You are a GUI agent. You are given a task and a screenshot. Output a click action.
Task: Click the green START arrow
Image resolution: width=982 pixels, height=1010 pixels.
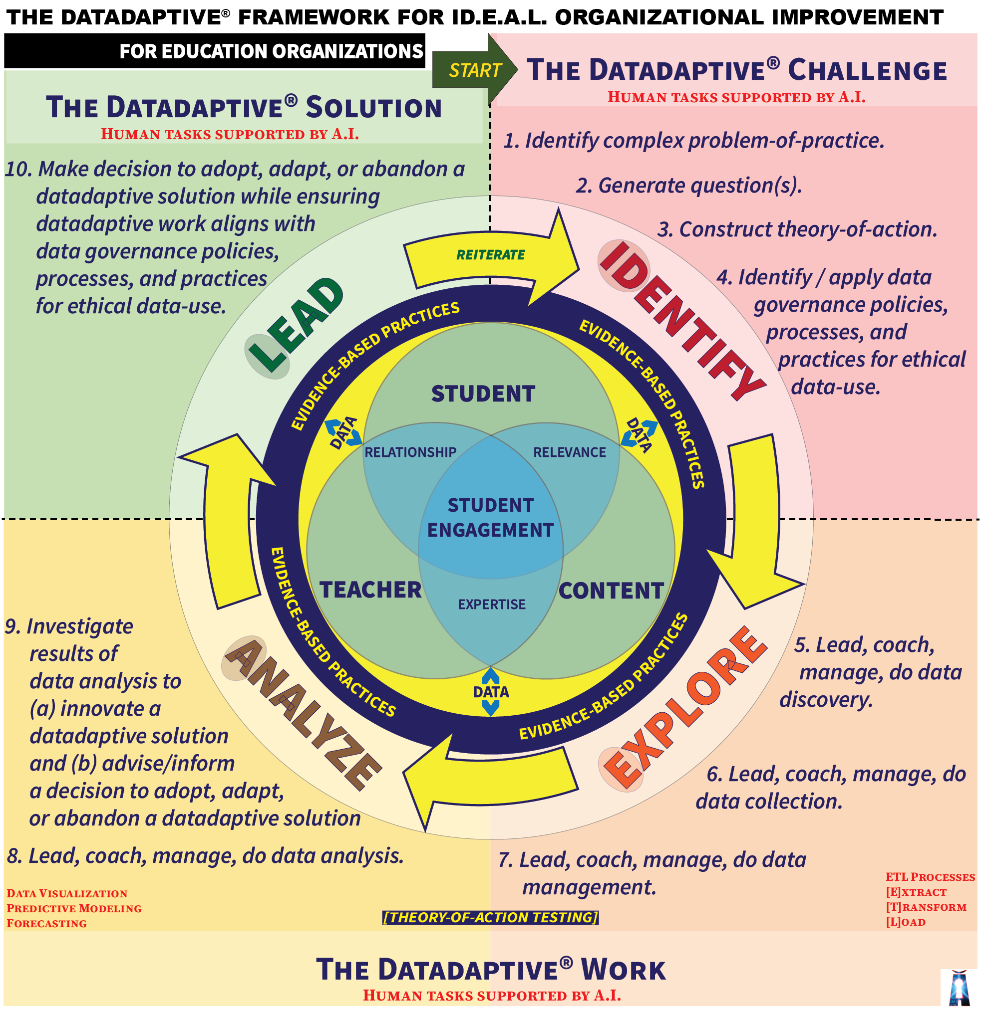click(474, 70)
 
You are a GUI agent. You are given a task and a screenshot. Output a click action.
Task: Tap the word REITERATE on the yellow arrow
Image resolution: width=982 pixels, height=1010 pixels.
click(490, 254)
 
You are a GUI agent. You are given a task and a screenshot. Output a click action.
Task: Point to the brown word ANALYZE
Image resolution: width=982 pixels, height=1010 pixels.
click(302, 713)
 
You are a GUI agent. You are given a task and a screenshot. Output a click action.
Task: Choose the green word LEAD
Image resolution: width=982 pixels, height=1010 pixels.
click(296, 325)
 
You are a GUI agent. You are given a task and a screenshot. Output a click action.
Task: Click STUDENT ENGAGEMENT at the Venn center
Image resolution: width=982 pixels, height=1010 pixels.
click(490, 517)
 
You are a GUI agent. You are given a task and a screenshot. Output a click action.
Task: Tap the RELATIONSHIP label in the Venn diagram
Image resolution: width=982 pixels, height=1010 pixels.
click(410, 452)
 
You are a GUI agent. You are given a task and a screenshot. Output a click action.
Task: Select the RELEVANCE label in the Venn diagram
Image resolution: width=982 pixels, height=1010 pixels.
click(570, 452)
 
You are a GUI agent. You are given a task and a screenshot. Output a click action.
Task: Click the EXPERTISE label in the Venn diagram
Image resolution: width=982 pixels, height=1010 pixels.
click(492, 604)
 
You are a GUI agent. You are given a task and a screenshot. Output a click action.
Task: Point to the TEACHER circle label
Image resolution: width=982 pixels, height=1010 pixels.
click(370, 590)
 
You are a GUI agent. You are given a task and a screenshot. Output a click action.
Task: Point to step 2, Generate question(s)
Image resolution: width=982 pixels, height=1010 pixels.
click(689, 186)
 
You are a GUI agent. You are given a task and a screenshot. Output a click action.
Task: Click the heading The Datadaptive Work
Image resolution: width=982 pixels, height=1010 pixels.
click(490, 970)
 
